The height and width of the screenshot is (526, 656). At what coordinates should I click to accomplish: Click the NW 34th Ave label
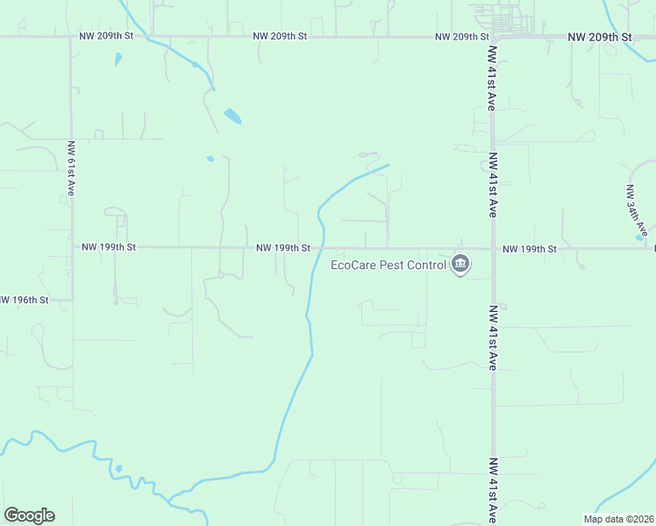click(x=637, y=209)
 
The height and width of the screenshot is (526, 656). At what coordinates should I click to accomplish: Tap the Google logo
click(x=29, y=515)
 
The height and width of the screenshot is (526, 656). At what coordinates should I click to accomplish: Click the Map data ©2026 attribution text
click(x=617, y=519)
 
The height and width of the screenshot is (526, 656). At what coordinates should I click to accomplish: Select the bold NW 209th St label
click(x=599, y=38)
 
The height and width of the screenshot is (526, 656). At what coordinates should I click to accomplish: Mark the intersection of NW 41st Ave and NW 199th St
click(x=492, y=248)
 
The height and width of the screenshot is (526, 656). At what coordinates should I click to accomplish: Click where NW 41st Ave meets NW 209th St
click(x=492, y=38)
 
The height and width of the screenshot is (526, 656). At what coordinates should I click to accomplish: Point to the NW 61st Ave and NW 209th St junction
click(x=72, y=38)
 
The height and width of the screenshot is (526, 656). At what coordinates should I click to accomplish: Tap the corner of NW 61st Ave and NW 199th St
click(x=72, y=248)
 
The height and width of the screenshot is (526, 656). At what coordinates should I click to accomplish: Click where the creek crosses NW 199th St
click(x=323, y=248)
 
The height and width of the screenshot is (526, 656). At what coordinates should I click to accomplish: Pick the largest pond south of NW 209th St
click(x=232, y=116)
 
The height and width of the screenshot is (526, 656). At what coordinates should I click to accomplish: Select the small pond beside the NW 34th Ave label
click(x=638, y=237)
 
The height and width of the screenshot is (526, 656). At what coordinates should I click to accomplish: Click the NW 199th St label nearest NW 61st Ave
click(x=108, y=248)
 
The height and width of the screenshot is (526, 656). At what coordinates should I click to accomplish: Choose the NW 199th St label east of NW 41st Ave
click(x=530, y=249)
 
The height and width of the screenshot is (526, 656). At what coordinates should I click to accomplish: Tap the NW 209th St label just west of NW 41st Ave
click(x=461, y=38)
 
